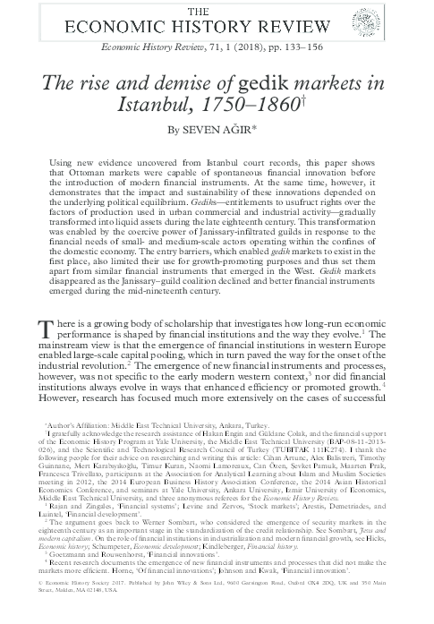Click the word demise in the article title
[180, 85]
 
